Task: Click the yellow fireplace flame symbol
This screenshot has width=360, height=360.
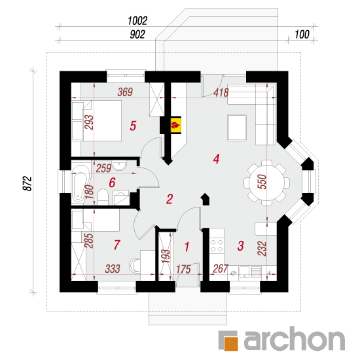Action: coord(176,126)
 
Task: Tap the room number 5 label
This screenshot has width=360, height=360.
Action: coord(133,126)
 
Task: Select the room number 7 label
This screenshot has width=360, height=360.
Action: coord(117,245)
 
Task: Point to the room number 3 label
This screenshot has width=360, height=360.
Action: coord(240,245)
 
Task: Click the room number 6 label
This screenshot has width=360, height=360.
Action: coord(112,183)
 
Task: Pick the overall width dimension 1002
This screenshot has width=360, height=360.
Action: coord(137,21)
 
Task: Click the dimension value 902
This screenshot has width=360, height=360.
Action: coord(137,35)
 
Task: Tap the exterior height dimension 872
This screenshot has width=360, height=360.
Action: coord(27,183)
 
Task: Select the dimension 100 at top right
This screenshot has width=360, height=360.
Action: coord(302,35)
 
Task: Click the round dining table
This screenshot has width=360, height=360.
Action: coord(266,183)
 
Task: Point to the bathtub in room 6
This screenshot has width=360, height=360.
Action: coord(81,185)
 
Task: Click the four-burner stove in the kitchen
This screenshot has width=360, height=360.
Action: coord(217,245)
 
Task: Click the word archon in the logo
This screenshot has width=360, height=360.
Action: coord(294,338)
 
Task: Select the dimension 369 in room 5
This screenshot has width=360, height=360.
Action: coord(125,92)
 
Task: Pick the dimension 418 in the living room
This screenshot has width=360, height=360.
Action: coord(221,93)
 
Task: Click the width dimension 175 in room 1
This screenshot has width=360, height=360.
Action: coord(183,269)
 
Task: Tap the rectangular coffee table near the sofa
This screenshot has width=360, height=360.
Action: coord(237,128)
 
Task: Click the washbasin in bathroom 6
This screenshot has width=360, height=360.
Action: coord(119,166)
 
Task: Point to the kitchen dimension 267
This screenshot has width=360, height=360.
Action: coord(221,268)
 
